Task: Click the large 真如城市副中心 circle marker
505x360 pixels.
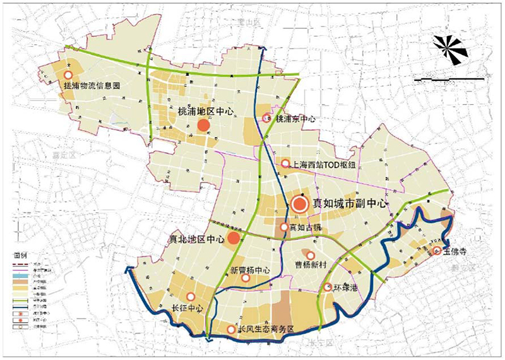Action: (x=299, y=203)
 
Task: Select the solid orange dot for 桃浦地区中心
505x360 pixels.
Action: (x=203, y=126)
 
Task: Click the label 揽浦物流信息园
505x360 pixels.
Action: (x=92, y=85)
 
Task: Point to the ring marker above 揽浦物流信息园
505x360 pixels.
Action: (x=68, y=75)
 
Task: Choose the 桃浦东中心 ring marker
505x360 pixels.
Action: (x=267, y=118)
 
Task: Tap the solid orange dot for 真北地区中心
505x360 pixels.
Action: (x=234, y=238)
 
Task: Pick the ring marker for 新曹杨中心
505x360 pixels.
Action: (x=246, y=278)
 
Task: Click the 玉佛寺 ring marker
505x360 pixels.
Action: (x=437, y=251)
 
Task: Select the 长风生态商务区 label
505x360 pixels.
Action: (x=266, y=330)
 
